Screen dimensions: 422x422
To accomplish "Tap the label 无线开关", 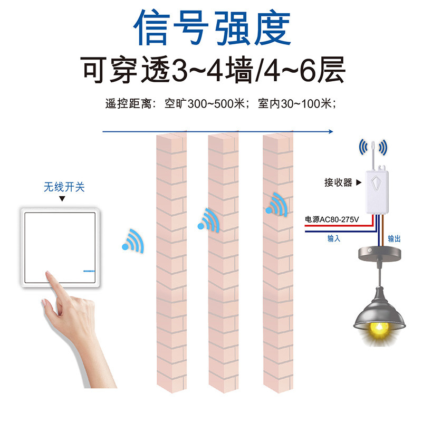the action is pos(64,187).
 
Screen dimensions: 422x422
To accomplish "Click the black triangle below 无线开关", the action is pos(62,199).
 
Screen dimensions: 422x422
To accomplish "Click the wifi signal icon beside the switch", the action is pos(133,240).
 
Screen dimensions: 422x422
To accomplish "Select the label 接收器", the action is pos(338,183).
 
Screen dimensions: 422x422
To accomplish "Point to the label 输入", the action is pos(333,238).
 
